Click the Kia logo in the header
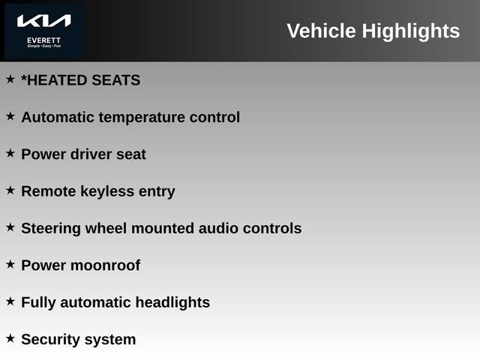point(43,21)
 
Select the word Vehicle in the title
point(321,31)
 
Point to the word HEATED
point(62,80)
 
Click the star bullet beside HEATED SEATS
point(10,79)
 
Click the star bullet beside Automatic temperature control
point(10,116)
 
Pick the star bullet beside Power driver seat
point(10,153)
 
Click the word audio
point(218,228)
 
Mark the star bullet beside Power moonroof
point(10,264)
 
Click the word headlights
point(172,303)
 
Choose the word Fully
point(39,303)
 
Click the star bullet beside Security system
point(10,338)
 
